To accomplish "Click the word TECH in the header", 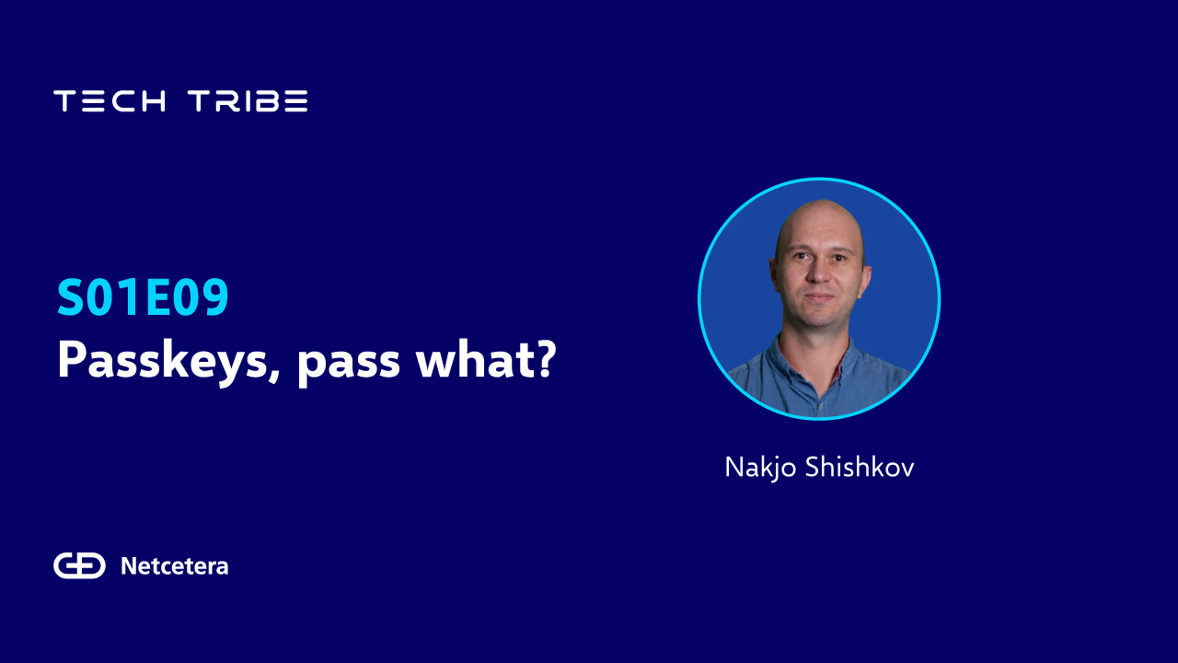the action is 110,100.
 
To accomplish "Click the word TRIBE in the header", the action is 248,100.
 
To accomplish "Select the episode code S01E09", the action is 143,297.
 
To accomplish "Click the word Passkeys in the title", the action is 163,361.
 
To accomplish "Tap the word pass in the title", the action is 348,364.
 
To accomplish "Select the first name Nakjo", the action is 760,468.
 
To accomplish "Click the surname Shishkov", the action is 860,467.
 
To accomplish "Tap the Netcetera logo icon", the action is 79,565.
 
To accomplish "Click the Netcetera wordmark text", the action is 175,566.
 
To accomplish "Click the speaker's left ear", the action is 866,279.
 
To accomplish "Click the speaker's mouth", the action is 818,297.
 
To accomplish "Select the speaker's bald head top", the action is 820,215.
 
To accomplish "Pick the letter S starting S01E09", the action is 71,297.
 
